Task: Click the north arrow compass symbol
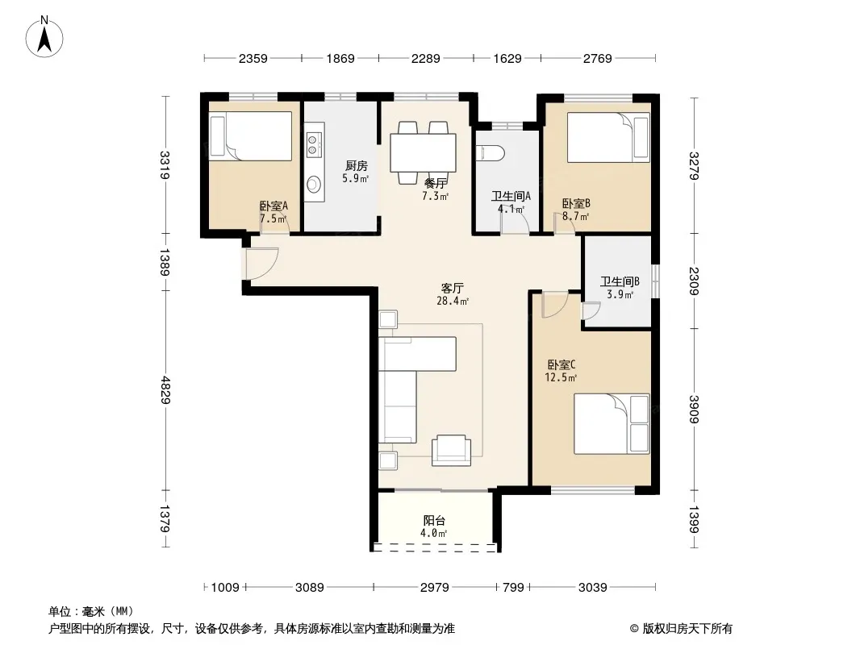(x=44, y=37)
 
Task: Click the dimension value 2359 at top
(x=253, y=58)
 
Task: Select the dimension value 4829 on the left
(x=165, y=390)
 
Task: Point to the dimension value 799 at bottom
(x=513, y=588)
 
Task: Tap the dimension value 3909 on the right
(x=694, y=410)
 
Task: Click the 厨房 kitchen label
(x=357, y=165)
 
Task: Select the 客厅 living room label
(x=453, y=289)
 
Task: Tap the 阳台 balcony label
(x=434, y=521)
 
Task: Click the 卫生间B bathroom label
(x=620, y=281)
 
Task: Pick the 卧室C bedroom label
(x=561, y=364)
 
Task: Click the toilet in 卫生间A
(x=491, y=153)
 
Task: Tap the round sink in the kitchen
(x=314, y=184)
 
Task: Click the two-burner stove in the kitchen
(x=313, y=143)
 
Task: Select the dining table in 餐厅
(x=423, y=153)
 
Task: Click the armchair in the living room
(x=452, y=451)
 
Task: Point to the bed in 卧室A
(x=251, y=136)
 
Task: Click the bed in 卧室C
(x=612, y=423)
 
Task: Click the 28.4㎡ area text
(x=453, y=301)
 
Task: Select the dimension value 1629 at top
(x=507, y=58)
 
